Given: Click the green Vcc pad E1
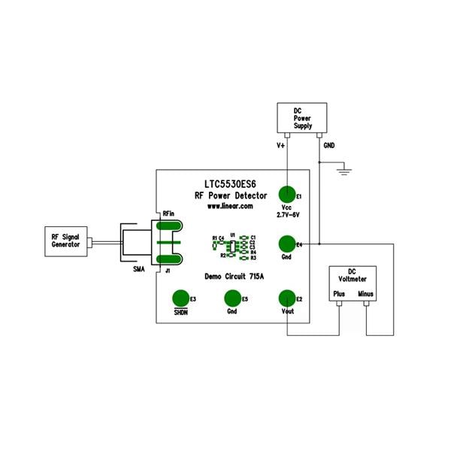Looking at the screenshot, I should (286, 194).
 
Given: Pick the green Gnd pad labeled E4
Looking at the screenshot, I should (286, 244).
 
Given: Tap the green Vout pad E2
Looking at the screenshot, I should (286, 298).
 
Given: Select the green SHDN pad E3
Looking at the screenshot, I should (180, 298).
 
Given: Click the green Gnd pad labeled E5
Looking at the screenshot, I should (232, 298).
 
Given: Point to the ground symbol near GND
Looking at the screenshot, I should (345, 172).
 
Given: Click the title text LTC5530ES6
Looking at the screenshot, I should (229, 183).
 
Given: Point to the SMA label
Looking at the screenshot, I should (138, 268).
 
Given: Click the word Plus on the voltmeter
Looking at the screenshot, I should (340, 294).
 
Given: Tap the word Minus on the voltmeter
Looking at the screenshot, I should (366, 294).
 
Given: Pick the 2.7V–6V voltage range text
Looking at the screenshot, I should (286, 216).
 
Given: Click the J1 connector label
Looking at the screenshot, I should (168, 270).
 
